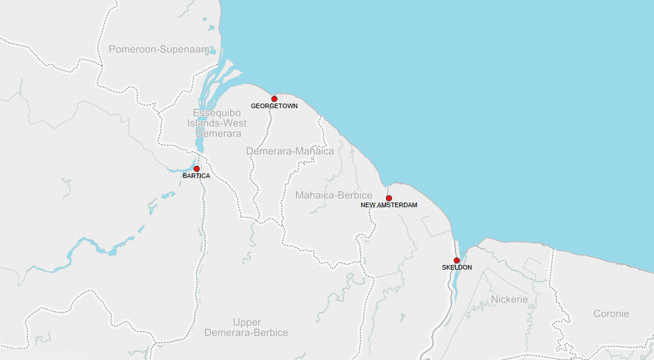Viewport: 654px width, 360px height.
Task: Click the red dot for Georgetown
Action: coord(274,99)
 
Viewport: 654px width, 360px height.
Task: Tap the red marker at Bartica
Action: coord(196,169)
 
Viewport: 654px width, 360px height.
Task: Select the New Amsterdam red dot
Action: coord(389,198)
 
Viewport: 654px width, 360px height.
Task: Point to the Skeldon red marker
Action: coord(457,260)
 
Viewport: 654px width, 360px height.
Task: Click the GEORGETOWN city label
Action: coord(274,106)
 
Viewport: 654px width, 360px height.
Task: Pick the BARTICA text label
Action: coord(196,176)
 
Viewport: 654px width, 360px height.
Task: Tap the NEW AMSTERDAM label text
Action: coord(389,205)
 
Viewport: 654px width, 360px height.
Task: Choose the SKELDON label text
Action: coord(457,267)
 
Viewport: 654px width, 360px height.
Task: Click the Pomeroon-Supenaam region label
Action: coord(160,50)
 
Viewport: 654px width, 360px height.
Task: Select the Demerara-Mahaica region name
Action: coord(290,151)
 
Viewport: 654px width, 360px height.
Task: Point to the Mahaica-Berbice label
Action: coord(334,196)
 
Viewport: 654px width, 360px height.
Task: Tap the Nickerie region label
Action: coord(509,299)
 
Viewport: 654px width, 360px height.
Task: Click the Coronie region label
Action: coord(611,314)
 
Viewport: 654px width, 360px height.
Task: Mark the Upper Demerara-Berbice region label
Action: coord(247,327)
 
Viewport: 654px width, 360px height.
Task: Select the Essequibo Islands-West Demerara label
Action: coord(217,123)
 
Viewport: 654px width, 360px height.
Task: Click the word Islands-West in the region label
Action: coord(217,123)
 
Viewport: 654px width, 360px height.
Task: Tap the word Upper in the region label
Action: coord(247,322)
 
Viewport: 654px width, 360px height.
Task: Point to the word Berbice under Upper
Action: coord(268,333)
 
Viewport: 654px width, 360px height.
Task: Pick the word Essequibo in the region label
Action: coord(217,113)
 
